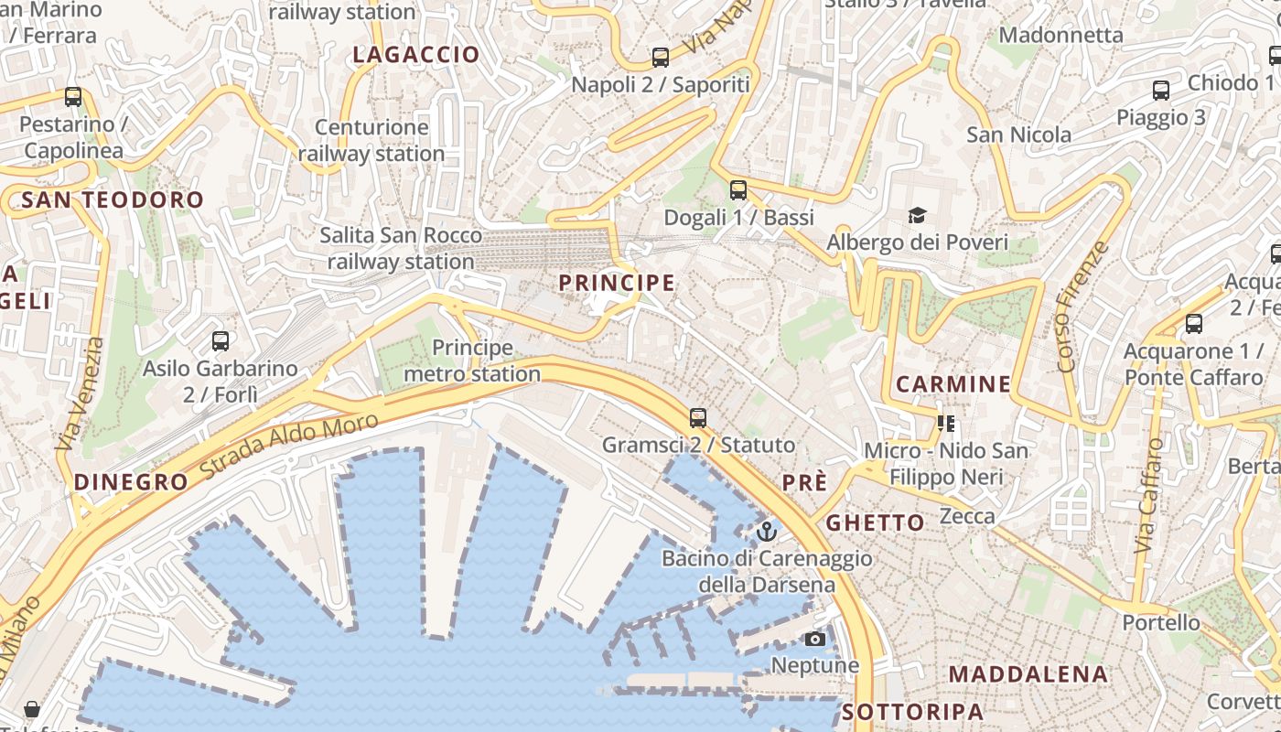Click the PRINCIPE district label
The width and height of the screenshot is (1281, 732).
coord(617,284)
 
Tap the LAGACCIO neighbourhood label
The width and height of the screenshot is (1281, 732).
coord(415,55)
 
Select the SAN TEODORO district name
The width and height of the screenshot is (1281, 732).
coord(113,199)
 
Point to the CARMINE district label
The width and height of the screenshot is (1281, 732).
coord(953,384)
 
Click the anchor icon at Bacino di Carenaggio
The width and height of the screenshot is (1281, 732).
coord(766,531)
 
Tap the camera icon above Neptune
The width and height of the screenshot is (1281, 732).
coord(814,639)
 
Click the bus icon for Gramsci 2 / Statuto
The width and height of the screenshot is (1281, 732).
coord(698,418)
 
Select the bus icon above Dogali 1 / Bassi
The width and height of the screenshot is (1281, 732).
coord(737,190)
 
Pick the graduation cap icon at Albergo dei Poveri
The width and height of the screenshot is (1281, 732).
coord(916,216)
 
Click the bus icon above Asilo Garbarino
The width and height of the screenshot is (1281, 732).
coord(220,341)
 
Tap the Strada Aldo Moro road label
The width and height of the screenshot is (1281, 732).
coord(288,446)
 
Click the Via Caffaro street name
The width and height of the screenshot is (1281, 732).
coord(1149,495)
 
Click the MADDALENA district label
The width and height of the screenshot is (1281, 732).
coord(1028,675)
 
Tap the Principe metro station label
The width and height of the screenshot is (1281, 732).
coord(472,361)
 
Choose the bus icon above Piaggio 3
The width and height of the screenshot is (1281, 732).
coord(1160,91)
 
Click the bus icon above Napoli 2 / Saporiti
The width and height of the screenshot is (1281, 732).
coord(661,58)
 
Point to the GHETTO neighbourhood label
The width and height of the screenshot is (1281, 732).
coord(876,523)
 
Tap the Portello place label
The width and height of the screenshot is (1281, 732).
coord(1161,622)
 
